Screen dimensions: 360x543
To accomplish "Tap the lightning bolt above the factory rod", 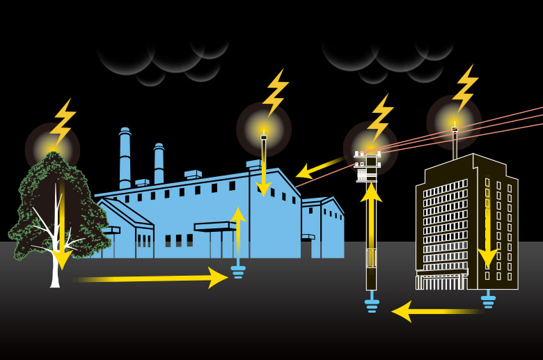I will [x=276, y=92].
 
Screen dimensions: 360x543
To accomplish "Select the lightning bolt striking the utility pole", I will [x=380, y=118].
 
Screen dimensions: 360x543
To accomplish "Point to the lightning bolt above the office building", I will [x=465, y=88].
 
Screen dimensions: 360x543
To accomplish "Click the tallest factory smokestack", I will [x=125, y=159].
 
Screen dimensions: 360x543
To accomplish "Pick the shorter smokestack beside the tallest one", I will [x=159, y=164].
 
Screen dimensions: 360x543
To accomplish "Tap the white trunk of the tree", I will [x=55, y=268].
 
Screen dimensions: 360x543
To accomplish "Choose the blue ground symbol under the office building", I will [x=488, y=300].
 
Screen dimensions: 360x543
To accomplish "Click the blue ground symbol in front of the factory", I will [x=238, y=270].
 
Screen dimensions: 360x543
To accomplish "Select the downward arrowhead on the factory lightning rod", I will [x=263, y=187].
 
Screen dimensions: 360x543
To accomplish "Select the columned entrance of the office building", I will [x=441, y=280].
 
